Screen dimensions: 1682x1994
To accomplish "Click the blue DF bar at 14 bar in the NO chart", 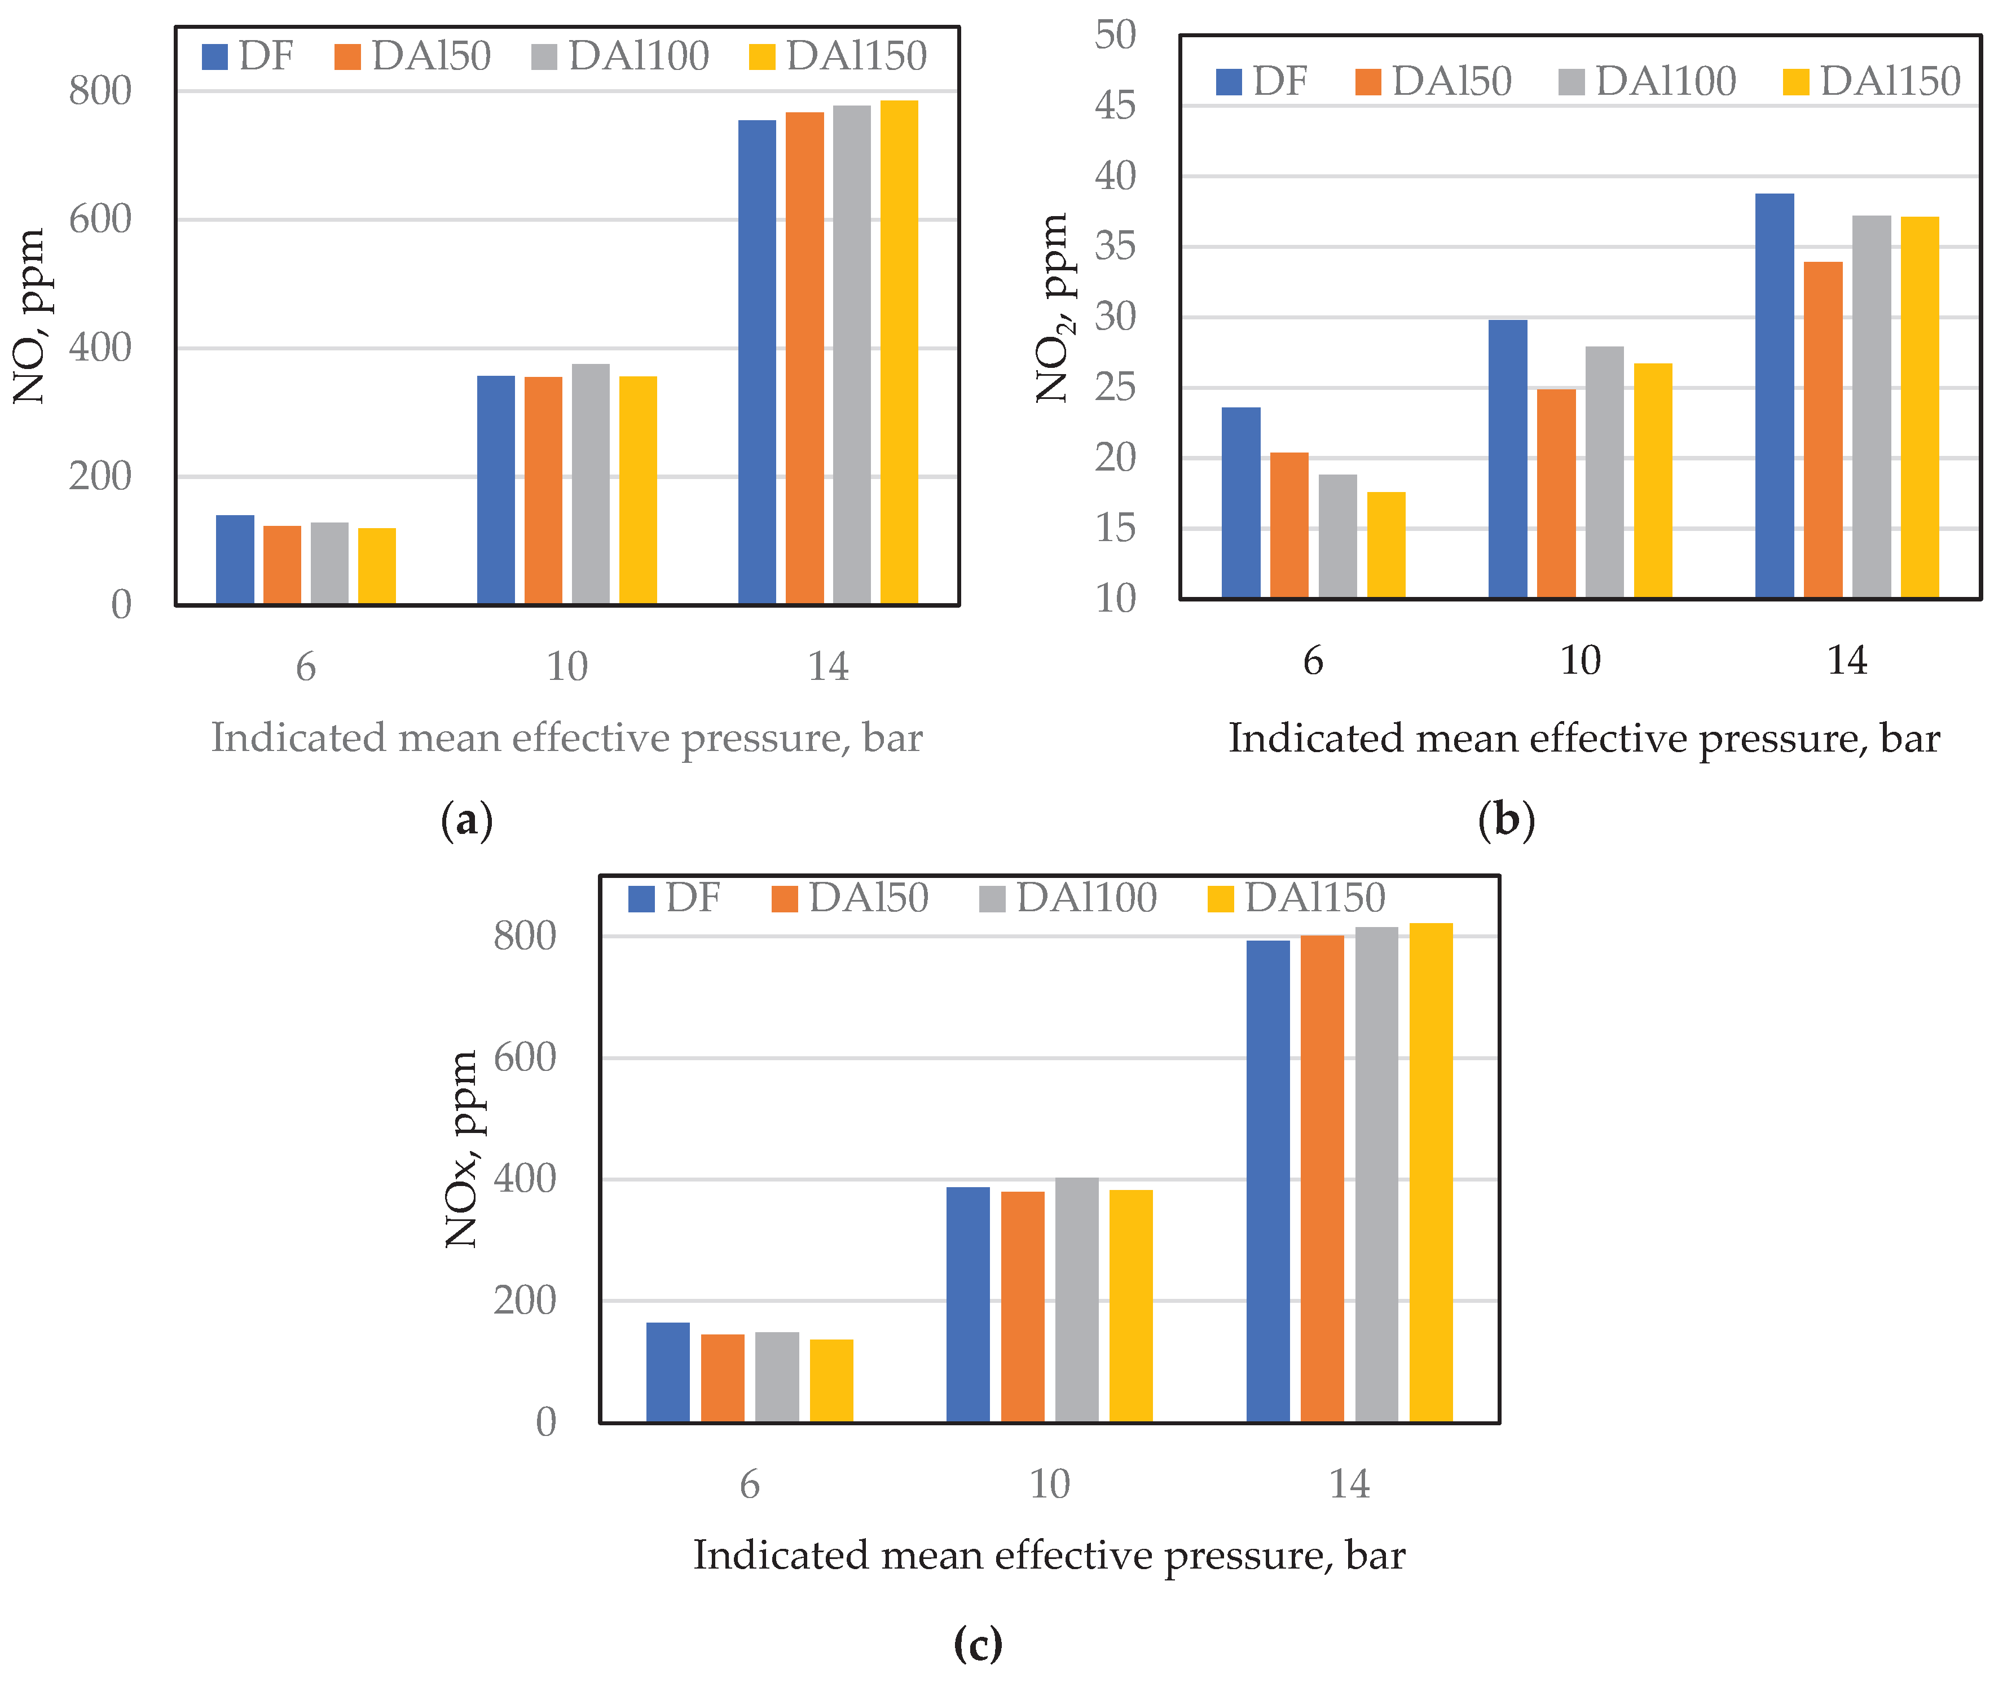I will [x=757, y=362].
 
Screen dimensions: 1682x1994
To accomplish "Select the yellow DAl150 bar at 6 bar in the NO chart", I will [x=376, y=566].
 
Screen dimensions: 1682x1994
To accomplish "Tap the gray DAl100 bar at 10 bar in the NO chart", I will [x=590, y=484].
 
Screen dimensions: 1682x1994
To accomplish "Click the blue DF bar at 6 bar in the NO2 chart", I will [x=1240, y=503].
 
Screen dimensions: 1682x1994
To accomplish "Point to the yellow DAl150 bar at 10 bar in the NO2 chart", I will [x=1652, y=481].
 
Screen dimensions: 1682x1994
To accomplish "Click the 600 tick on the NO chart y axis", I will [x=100, y=219].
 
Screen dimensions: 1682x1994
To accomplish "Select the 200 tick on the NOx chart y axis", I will [x=524, y=1301].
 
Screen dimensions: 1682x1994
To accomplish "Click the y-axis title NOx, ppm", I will [x=463, y=1149].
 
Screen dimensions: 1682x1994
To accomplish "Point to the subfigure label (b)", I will [x=1506, y=820].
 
